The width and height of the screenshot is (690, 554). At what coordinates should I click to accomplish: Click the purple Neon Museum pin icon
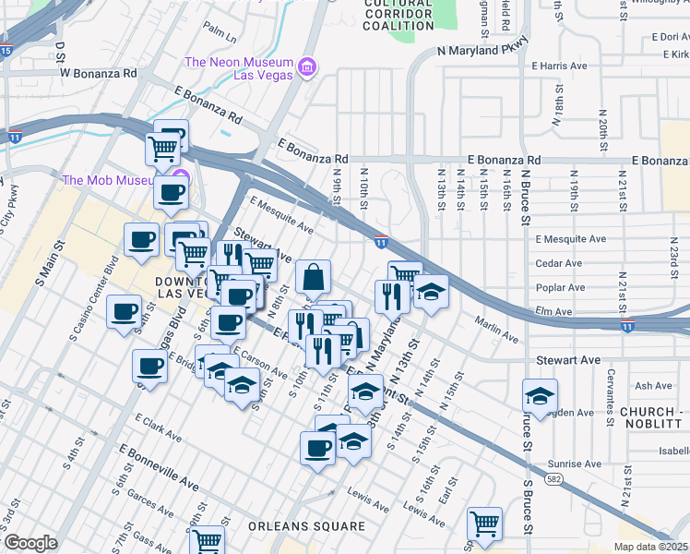point(307,66)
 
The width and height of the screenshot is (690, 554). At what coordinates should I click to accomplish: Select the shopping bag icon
point(314,276)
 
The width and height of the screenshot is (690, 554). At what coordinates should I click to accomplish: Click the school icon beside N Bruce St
point(540,396)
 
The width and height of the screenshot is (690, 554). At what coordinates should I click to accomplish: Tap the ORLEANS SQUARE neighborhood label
point(306,526)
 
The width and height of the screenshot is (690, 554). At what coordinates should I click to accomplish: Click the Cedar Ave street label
point(559,263)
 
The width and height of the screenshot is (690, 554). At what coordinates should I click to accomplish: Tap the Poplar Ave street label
point(560,288)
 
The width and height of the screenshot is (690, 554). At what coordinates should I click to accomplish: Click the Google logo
point(30,543)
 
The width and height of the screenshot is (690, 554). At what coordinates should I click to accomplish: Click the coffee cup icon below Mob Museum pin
point(172,193)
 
